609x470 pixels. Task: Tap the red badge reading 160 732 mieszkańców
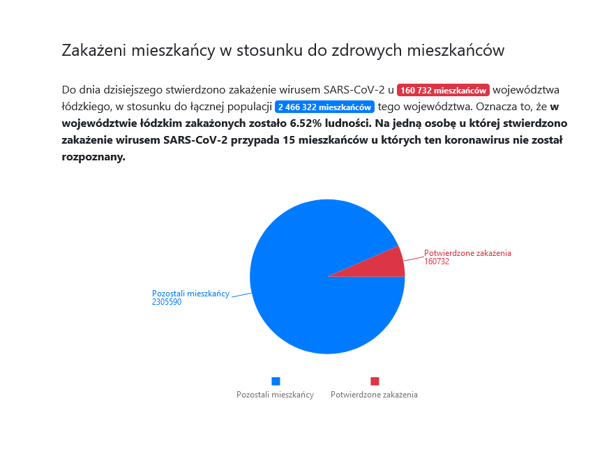443,90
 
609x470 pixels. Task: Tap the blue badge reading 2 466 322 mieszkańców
324,107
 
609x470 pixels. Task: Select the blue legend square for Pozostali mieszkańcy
276,381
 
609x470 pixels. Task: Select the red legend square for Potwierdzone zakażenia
375,381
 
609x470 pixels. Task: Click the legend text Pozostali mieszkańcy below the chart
275,395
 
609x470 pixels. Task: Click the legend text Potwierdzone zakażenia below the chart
374,395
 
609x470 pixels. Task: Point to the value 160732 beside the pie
437,261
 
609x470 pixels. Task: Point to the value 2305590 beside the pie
167,302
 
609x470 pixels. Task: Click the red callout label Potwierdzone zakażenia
467,253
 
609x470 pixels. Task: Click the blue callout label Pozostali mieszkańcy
190,294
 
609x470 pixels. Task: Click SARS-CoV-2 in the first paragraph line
354,90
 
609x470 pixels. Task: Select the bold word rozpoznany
93,157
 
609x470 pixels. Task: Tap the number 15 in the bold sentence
289,140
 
